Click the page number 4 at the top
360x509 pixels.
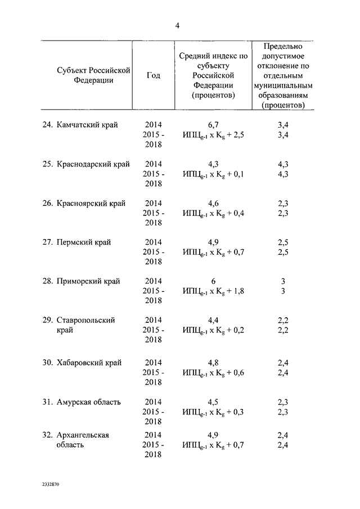tap(177, 24)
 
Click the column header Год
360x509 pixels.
tap(153, 75)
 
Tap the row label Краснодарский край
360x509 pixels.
tap(93, 164)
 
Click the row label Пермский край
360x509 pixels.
tap(84, 242)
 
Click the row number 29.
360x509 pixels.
tap(47, 320)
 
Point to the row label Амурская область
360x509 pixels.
tap(88, 402)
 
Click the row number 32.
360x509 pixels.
tap(47, 435)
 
